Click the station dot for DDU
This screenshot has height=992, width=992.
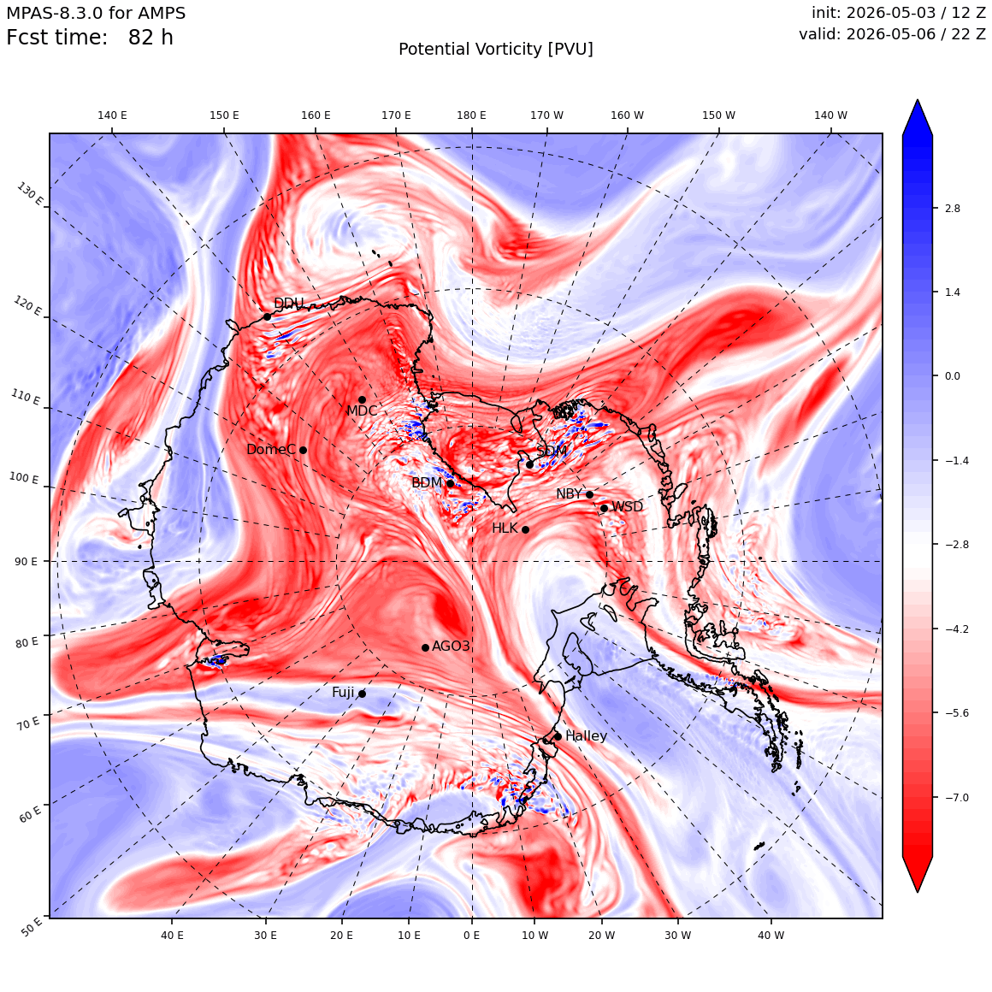[267, 316]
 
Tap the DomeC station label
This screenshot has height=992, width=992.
[271, 450]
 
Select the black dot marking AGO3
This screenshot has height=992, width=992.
[426, 647]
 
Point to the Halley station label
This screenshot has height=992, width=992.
[586, 735]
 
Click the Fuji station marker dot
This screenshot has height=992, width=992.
[362, 694]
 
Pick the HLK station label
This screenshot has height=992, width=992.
[505, 528]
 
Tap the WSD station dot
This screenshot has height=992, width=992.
[605, 508]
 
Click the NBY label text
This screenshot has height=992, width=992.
[569, 494]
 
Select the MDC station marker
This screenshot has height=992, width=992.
[362, 399]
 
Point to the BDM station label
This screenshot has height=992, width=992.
[427, 482]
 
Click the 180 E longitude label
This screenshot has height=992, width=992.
[471, 115]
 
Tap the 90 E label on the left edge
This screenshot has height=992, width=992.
[26, 561]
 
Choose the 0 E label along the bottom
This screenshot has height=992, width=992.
[471, 935]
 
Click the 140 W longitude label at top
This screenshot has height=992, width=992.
[830, 115]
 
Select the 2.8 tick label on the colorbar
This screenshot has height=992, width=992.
[952, 208]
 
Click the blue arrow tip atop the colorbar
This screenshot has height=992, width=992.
[918, 100]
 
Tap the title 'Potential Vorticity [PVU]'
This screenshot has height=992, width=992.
[496, 50]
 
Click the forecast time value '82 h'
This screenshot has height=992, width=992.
[151, 38]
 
